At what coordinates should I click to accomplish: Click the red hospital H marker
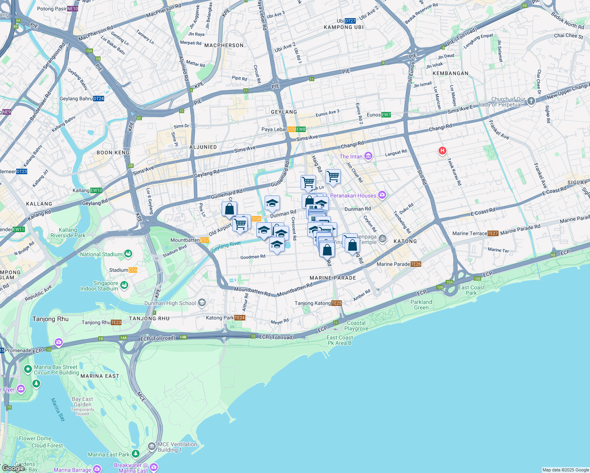442,151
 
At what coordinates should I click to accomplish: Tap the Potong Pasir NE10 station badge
73,9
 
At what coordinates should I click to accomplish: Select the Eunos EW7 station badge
386,115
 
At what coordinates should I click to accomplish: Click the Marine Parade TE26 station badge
416,264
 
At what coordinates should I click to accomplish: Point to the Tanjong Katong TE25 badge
336,303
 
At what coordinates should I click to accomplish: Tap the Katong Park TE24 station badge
240,318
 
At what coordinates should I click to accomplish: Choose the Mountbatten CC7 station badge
205,240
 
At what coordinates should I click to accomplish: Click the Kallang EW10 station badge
96,190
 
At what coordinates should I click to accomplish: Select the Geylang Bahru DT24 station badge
99,99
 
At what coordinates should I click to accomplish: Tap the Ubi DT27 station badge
350,21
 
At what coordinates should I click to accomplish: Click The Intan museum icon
368,156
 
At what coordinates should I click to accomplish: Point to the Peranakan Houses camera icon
382,195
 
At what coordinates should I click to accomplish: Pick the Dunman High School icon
202,303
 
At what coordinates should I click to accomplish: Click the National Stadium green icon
128,254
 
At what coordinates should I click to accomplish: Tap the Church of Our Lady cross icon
531,101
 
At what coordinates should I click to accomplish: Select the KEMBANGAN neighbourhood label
450,73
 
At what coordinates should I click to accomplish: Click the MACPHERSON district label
224,45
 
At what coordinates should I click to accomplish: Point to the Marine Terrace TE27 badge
493,233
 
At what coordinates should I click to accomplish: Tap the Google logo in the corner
13,468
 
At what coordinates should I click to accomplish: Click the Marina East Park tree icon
136,454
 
